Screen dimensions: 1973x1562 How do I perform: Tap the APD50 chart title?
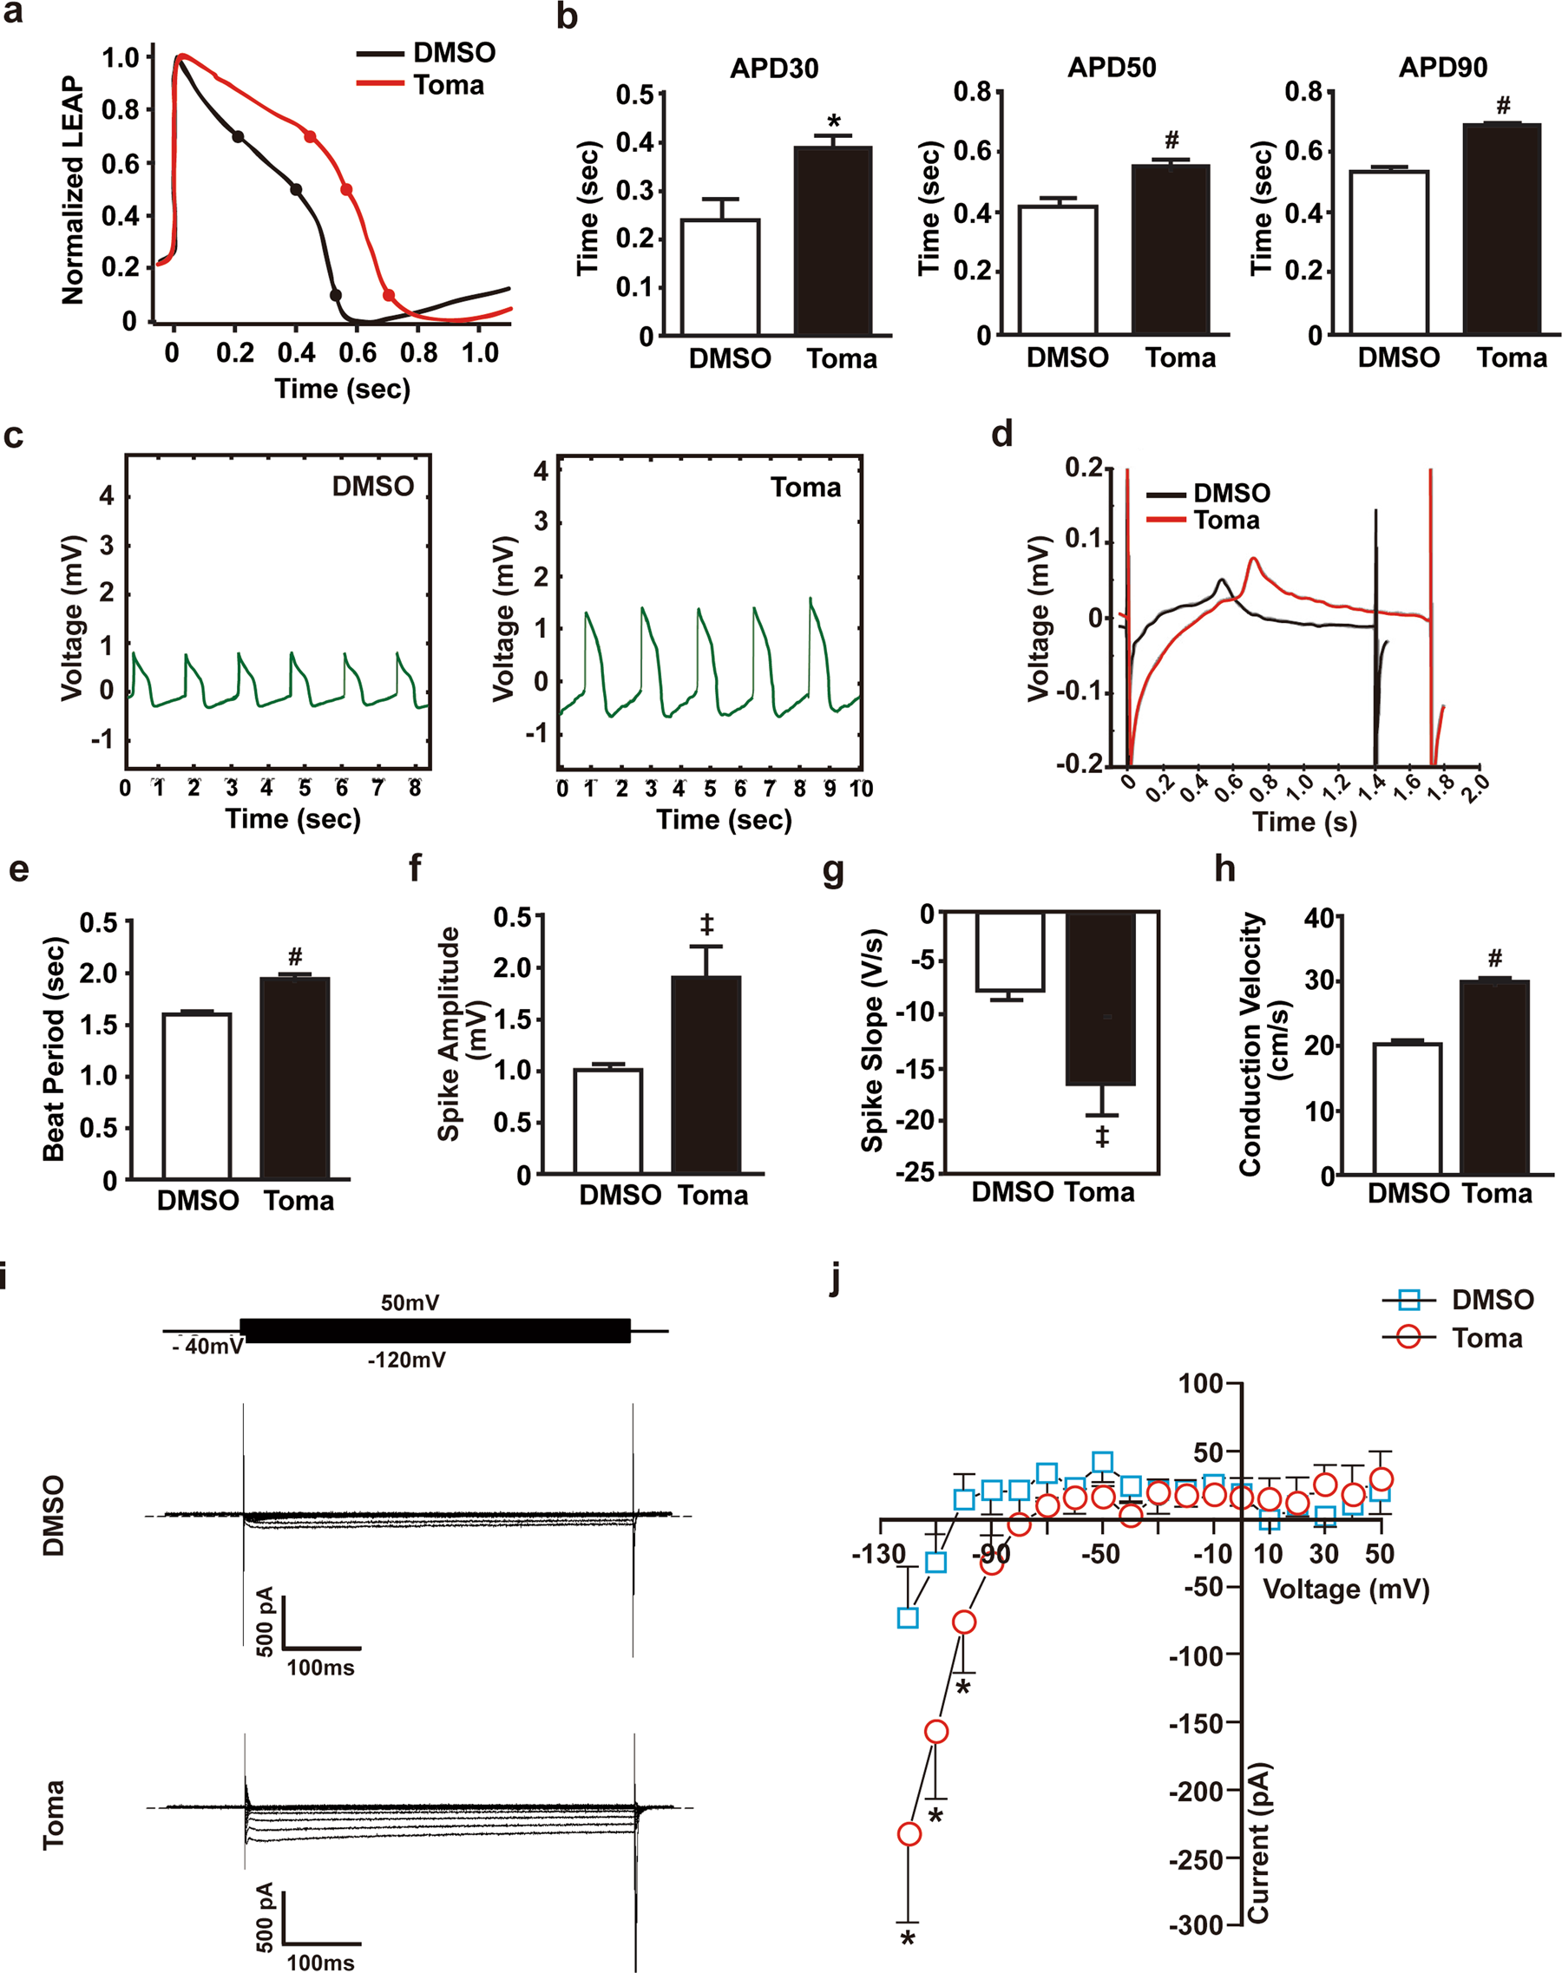point(1111,68)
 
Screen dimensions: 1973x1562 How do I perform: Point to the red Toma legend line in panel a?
point(379,84)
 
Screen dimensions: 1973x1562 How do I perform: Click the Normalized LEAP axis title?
point(72,190)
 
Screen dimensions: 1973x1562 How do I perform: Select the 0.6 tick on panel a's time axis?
point(358,353)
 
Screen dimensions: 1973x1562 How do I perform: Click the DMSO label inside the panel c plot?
point(372,486)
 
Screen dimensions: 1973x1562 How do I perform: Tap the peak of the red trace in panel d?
point(1254,559)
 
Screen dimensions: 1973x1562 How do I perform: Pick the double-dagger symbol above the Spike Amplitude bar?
point(706,923)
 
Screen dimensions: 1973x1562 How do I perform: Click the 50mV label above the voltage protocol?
point(410,1302)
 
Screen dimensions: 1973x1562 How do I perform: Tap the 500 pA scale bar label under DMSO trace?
point(265,1621)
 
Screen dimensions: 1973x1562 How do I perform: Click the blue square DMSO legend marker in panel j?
point(1408,1299)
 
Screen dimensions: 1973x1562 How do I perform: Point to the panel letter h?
point(1224,868)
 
